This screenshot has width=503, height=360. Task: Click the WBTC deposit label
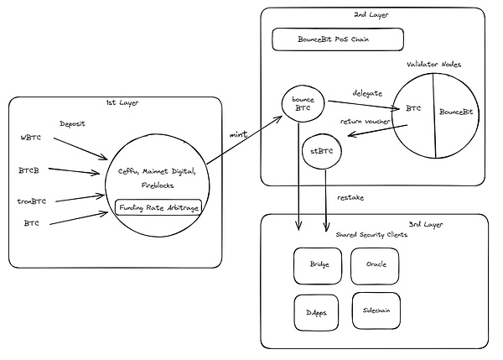[30, 136]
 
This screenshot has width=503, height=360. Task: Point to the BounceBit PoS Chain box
[338, 39]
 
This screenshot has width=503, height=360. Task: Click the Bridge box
[319, 265]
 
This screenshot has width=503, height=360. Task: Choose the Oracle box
[376, 265]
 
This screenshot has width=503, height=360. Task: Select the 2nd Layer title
[371, 14]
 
